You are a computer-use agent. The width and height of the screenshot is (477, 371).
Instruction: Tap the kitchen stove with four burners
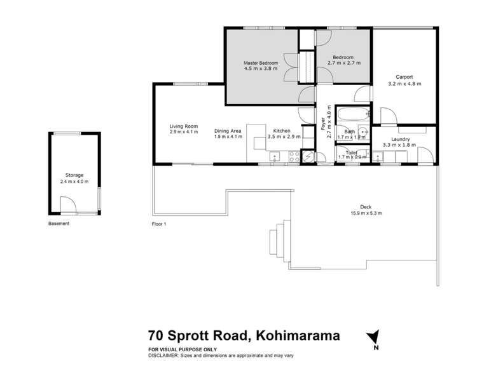pyautogui.click(x=293, y=154)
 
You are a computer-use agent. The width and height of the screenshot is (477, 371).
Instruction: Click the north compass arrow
pyautogui.click(x=373, y=337)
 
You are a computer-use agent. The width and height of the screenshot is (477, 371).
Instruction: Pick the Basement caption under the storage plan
pyautogui.click(x=59, y=224)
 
